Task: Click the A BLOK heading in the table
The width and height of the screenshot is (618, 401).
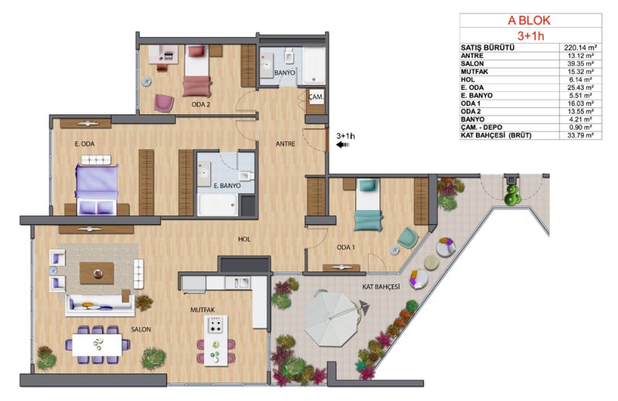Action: point(529,21)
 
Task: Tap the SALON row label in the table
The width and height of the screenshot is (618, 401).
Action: point(472,63)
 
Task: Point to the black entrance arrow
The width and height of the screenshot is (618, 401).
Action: point(342,144)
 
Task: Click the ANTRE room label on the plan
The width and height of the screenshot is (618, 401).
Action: point(285,144)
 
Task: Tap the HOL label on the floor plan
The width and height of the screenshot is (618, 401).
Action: point(244,239)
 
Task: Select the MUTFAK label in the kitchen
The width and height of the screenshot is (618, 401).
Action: point(202,310)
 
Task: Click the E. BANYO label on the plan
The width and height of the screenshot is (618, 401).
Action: point(227,185)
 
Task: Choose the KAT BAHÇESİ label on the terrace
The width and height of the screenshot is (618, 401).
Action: point(381,287)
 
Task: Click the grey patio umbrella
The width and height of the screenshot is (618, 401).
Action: point(332,318)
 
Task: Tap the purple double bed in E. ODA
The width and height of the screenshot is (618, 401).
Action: point(97,189)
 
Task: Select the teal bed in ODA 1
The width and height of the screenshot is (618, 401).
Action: point(368,205)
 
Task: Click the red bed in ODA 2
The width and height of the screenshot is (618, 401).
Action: point(197,71)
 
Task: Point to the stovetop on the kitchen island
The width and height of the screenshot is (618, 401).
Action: point(216,325)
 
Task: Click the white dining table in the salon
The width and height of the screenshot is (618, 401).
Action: point(97,345)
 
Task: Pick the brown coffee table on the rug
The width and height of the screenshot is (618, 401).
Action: point(97,274)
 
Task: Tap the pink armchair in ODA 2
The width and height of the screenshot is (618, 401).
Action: point(164,103)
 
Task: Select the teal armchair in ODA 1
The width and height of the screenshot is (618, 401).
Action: point(408,238)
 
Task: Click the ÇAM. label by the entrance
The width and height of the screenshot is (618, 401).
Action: point(316,97)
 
